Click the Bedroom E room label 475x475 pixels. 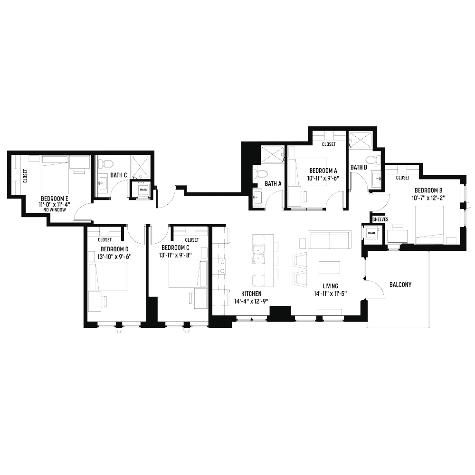tap(55, 199)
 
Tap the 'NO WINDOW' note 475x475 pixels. tap(55, 209)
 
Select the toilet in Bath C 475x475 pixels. tap(106, 163)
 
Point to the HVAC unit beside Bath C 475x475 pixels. tap(143, 190)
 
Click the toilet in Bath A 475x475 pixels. tap(260, 174)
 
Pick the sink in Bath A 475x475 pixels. tap(258, 198)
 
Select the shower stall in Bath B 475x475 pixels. tap(361, 140)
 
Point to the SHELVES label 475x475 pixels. tap(380, 219)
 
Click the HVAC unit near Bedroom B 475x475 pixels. tap(371, 233)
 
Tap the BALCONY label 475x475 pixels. tap(400, 285)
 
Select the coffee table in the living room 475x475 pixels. tap(329, 267)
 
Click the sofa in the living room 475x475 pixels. tap(330, 239)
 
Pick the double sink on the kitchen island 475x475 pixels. tap(258, 255)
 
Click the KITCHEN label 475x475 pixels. tap(251, 294)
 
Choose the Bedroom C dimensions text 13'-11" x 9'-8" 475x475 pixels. tap(175, 256)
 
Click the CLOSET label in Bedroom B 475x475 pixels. tap(403, 178)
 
